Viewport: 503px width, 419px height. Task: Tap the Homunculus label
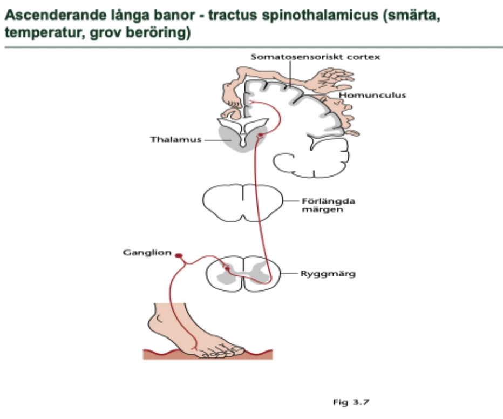pyautogui.click(x=372, y=96)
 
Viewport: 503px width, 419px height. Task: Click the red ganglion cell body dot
pyautogui.click(x=178, y=255)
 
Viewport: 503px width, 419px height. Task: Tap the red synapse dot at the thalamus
pyautogui.click(x=261, y=135)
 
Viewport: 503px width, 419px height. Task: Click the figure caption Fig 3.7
pyautogui.click(x=350, y=402)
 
